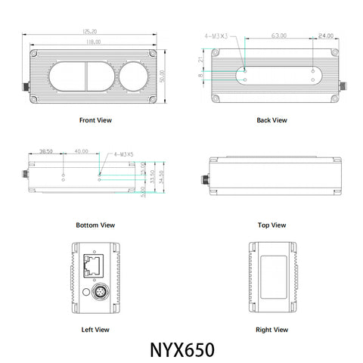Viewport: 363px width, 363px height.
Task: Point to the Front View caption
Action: coord(95,119)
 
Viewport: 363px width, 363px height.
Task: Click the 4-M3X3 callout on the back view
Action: coord(217,36)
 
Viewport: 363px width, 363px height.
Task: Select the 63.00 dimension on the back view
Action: coord(279,36)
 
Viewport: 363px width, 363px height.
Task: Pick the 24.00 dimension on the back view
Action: coord(326,36)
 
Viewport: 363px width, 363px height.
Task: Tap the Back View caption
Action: coord(271,119)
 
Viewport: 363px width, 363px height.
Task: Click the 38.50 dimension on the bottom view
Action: coord(45,152)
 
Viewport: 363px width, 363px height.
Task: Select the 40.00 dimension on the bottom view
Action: coord(81,152)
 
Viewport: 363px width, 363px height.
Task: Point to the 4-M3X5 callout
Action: coord(123,154)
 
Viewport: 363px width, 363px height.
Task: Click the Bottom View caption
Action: coord(95,225)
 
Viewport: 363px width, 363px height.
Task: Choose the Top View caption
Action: coord(271,225)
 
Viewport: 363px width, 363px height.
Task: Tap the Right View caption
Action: coord(271,329)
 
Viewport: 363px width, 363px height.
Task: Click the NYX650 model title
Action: coord(181,350)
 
